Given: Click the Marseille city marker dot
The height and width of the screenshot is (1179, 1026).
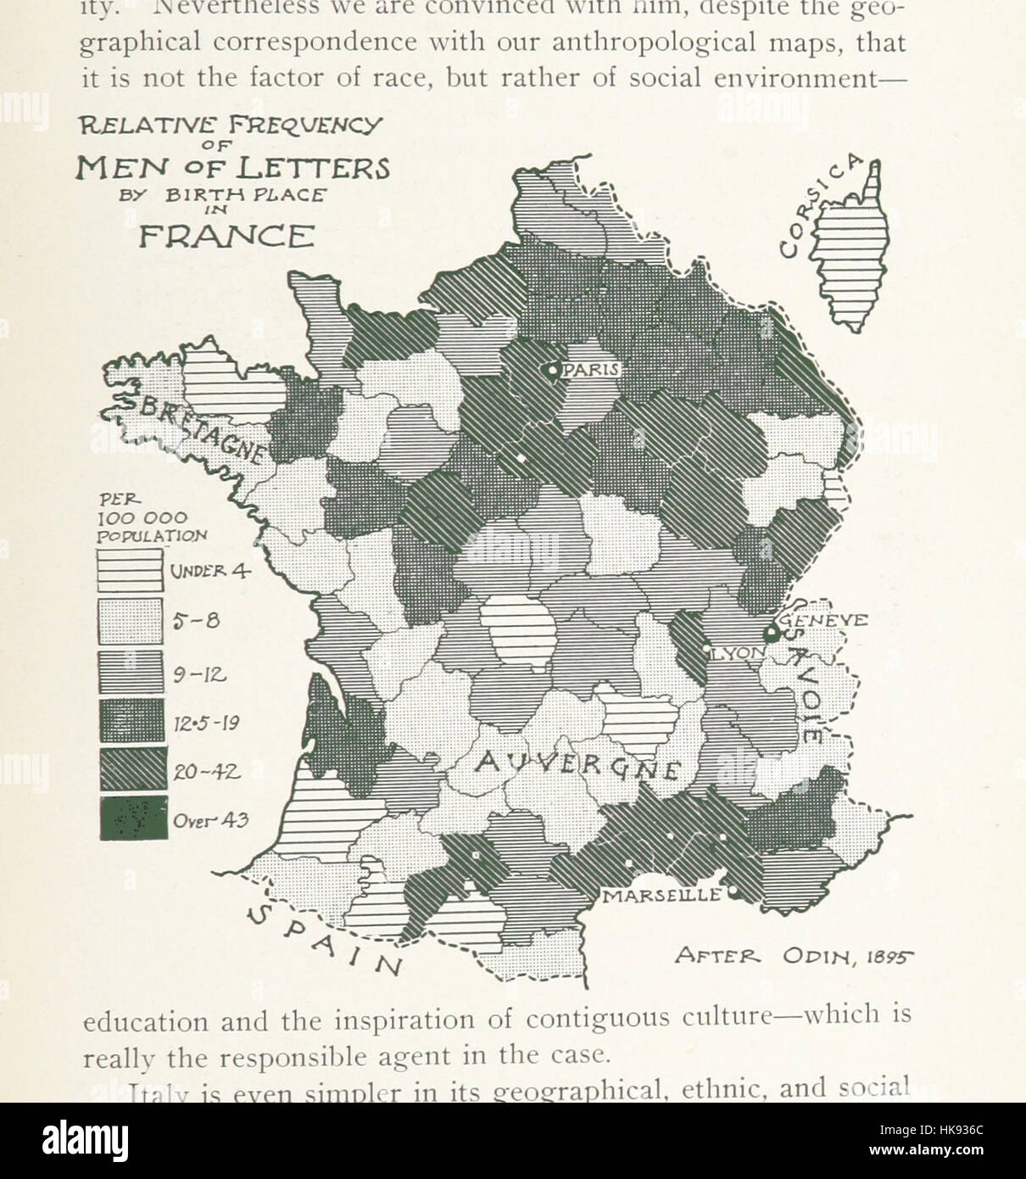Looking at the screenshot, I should (734, 892).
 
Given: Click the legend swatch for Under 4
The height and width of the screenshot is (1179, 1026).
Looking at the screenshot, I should (131, 570).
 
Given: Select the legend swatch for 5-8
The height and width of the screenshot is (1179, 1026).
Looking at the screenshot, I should (131, 621).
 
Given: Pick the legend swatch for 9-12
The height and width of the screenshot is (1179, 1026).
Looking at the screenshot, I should (131, 672).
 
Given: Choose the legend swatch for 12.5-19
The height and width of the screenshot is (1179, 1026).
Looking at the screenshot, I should (131, 720).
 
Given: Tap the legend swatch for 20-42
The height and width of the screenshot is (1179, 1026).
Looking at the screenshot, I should (131, 769).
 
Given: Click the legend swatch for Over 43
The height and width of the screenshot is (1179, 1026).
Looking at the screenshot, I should (133, 819).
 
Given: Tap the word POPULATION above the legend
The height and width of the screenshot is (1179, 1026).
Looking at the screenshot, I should (152, 535).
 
